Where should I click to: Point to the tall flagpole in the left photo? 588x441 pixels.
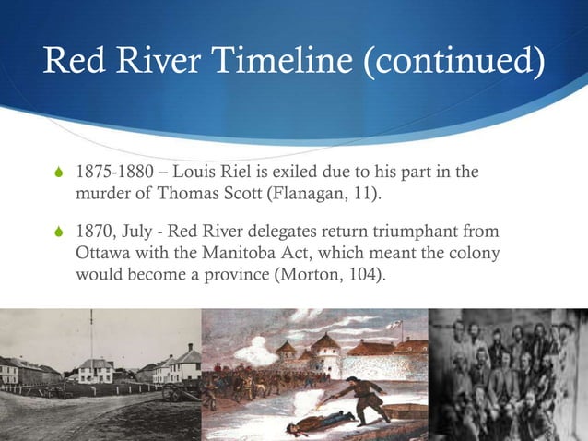(x=91, y=332)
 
